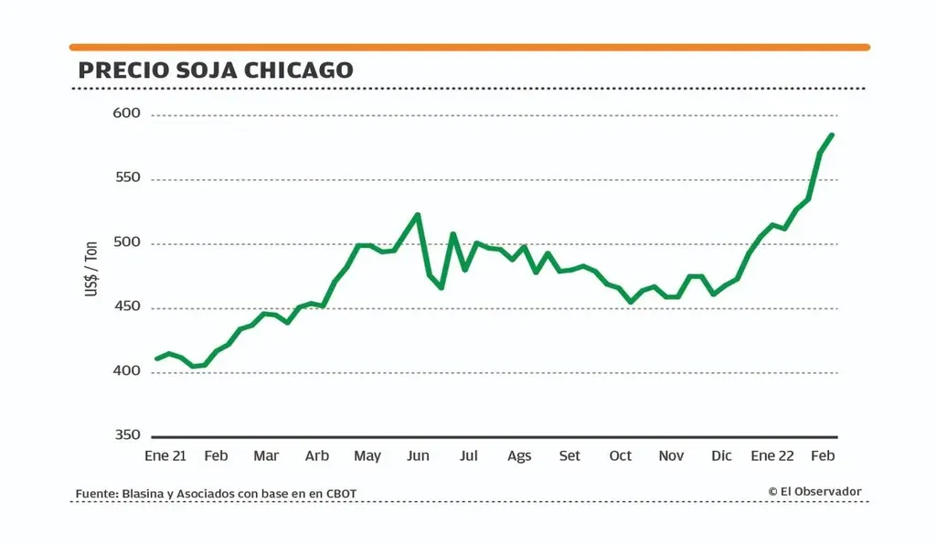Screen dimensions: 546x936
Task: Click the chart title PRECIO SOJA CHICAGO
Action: point(216,70)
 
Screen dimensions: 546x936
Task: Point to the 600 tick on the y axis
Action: point(127,114)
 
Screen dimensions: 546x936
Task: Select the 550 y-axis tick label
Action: point(127,178)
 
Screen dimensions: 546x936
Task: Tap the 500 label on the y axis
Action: point(127,243)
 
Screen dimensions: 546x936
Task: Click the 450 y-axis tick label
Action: point(127,307)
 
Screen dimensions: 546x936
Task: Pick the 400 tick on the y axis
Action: point(127,372)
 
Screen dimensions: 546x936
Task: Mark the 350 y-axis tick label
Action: point(127,435)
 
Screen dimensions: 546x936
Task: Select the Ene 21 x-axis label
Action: point(165,455)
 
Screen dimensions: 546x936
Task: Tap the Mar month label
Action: point(266,455)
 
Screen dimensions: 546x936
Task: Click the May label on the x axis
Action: point(367,455)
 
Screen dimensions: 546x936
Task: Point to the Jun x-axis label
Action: point(418,455)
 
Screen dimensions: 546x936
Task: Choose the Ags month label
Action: point(519,455)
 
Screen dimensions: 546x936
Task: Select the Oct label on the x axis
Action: point(621,455)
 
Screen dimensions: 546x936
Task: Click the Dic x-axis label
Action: point(721,455)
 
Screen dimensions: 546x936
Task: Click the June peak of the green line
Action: point(418,215)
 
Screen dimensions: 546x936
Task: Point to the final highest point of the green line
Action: point(832,135)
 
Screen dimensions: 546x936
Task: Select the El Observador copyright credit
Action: point(814,492)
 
